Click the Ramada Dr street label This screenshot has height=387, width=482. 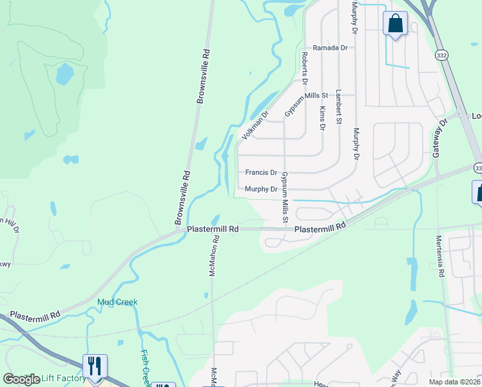330,48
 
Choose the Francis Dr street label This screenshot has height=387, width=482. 261,173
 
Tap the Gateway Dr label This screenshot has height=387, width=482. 438,139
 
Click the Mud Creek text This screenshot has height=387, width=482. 117,302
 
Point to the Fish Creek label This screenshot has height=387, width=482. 146,365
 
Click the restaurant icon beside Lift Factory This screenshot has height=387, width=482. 95,366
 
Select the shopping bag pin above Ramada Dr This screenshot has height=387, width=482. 394,25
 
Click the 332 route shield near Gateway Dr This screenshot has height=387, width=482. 440,56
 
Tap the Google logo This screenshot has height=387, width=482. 21,379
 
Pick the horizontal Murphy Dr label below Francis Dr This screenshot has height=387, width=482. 261,190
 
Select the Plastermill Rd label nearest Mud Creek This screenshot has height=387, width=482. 35,314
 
